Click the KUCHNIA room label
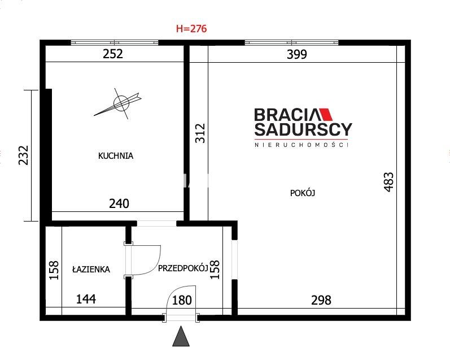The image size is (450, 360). (x=116, y=156)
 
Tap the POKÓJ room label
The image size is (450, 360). (x=303, y=193)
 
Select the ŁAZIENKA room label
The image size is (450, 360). (x=91, y=269)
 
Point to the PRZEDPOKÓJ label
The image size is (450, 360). (x=183, y=268)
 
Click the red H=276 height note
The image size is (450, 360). (x=191, y=28)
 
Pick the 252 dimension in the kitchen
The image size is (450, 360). (x=113, y=54)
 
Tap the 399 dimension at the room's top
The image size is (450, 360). (x=297, y=54)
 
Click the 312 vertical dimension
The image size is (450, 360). (x=200, y=133)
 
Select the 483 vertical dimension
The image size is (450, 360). (x=388, y=182)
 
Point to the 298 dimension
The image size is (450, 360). (x=321, y=300)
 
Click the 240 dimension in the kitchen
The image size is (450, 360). (x=119, y=203)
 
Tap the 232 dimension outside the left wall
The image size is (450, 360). (x=24, y=155)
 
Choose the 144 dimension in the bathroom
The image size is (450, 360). (x=86, y=299)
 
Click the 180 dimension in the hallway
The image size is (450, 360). (x=182, y=300)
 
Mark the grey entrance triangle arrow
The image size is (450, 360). (x=181, y=337)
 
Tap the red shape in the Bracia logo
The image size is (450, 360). (x=325, y=114)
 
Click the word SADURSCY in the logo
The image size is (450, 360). (x=303, y=129)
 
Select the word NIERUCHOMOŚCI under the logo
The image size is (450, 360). (x=302, y=145)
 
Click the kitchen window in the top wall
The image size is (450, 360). (x=115, y=42)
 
